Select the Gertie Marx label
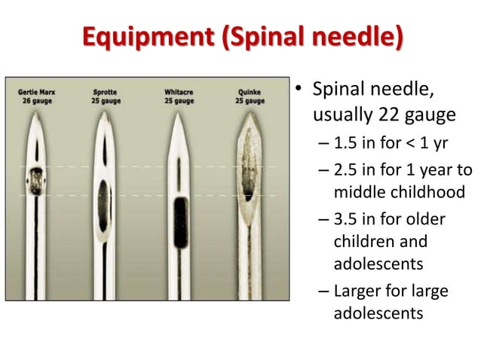click(36, 93)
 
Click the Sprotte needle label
click(105, 93)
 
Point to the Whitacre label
click(178, 93)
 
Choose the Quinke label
click(250, 93)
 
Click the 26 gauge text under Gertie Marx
click(36, 101)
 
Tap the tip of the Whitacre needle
click(179, 114)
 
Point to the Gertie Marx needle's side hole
click(35, 181)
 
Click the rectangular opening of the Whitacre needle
click(179, 222)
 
